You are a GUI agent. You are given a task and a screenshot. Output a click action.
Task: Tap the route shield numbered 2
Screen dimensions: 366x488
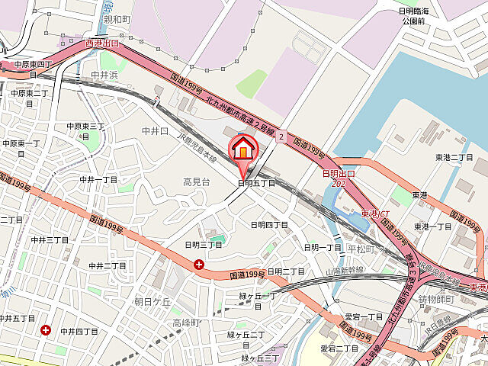click(x=281, y=136)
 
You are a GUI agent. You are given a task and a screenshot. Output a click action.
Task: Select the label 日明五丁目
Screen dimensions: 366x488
click(x=256, y=183)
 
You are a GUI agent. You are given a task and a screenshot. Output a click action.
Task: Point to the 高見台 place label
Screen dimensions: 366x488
click(x=196, y=181)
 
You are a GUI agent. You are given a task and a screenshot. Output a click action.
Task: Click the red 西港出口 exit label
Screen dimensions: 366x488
click(x=102, y=43)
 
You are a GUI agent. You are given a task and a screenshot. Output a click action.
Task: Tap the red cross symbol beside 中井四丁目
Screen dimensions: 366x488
click(x=47, y=330)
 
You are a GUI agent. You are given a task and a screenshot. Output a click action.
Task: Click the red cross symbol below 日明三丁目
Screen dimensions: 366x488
click(x=199, y=265)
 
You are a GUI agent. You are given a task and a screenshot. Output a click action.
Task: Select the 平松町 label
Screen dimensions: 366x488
click(x=361, y=249)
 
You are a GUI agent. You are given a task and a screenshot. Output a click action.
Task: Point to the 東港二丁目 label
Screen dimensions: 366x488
click(x=454, y=157)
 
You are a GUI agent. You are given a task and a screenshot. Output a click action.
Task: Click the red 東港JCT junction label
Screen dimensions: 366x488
click(x=375, y=213)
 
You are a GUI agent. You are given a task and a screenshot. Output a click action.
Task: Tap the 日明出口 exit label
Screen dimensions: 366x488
click(x=339, y=175)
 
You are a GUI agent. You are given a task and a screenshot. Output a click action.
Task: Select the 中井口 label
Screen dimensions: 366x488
click(x=155, y=131)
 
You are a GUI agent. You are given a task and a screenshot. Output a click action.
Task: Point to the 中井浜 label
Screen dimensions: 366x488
click(x=104, y=75)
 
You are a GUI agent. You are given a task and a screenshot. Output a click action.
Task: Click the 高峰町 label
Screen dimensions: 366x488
click(x=185, y=323)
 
